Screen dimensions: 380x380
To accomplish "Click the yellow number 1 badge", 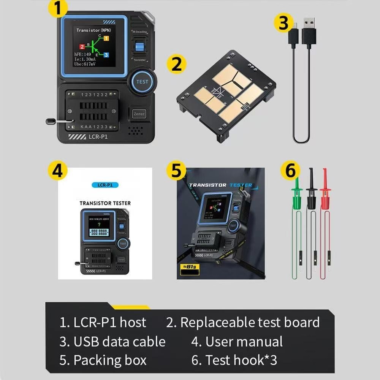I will [x=58, y=8].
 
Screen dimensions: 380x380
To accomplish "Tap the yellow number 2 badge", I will [x=176, y=64].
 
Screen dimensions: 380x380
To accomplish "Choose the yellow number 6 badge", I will [x=290, y=171].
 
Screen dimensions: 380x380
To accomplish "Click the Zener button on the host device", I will [x=139, y=113].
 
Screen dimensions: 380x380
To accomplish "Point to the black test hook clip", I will [x=312, y=194].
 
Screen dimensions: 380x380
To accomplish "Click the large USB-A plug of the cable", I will [x=309, y=32].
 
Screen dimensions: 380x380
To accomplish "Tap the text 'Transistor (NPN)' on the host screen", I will [x=93, y=30].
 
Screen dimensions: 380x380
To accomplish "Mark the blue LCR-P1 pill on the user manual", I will [x=105, y=185].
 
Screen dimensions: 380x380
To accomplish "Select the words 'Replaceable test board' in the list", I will [x=250, y=322].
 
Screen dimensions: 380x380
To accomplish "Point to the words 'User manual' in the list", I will [x=244, y=341].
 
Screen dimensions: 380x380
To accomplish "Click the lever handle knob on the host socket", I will [x=50, y=122].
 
